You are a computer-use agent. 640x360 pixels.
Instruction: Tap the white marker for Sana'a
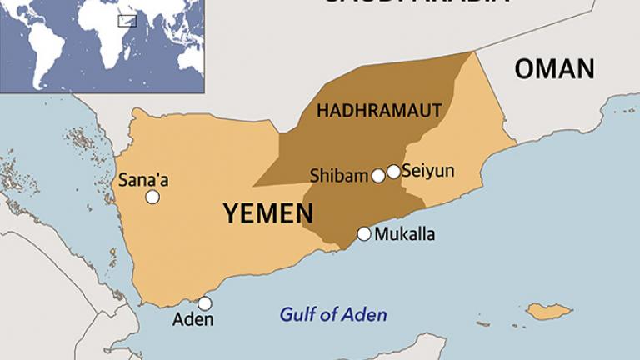152,197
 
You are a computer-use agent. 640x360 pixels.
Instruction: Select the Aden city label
192,320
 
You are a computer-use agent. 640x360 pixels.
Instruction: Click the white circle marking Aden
204,303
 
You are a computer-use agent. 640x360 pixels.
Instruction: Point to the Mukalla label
404,234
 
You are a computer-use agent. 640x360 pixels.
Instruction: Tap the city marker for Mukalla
364,234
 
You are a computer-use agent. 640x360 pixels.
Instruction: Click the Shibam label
339,176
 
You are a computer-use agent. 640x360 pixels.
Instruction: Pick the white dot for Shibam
378,175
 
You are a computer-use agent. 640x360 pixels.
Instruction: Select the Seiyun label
427,171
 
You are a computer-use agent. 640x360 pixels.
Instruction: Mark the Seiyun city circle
393,172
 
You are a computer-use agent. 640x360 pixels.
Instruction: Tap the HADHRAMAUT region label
379,110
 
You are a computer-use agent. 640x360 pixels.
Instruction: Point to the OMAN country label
554,68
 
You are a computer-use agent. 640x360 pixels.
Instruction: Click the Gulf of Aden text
333,315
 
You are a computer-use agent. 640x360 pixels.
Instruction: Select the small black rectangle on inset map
127,21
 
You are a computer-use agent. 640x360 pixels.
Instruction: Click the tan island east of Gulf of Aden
548,312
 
